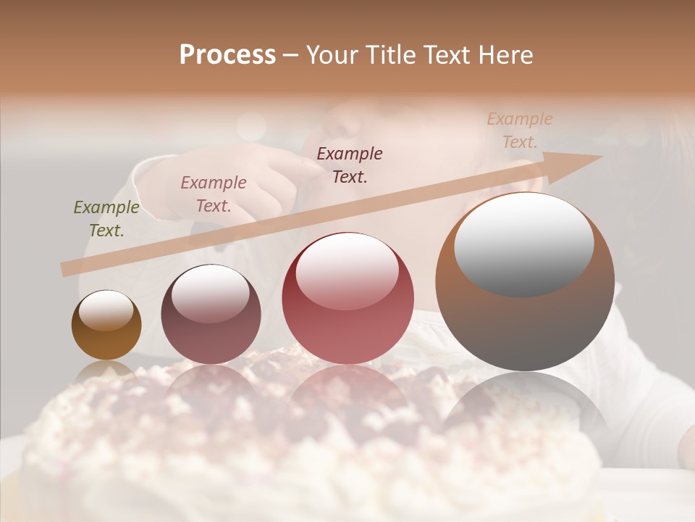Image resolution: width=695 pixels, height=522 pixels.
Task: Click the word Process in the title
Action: click(x=227, y=55)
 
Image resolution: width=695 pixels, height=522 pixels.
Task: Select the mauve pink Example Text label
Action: click(x=214, y=194)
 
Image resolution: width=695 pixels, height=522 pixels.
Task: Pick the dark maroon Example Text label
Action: click(x=350, y=165)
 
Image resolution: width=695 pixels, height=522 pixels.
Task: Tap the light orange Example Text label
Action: click(x=519, y=130)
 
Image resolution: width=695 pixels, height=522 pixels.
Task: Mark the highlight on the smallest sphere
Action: click(x=106, y=310)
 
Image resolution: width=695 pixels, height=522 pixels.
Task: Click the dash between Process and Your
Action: click(x=291, y=55)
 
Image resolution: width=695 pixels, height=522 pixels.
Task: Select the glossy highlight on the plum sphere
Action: click(x=210, y=292)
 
